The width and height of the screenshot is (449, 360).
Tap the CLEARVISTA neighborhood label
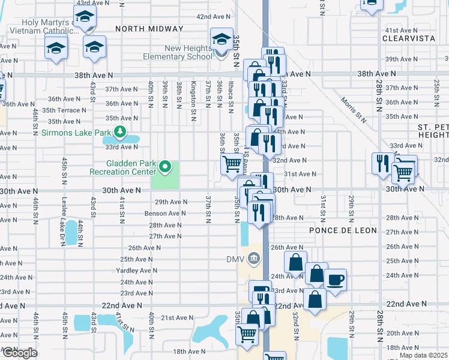[x=410, y=37]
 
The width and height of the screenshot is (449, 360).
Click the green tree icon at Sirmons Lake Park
[x=121, y=131]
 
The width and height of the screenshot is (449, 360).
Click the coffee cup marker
[x=335, y=278]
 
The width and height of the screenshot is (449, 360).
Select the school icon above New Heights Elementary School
[x=221, y=40]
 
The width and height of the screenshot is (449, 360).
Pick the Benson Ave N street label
[x=165, y=214]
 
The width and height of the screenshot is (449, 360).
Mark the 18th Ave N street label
[x=188, y=352]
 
